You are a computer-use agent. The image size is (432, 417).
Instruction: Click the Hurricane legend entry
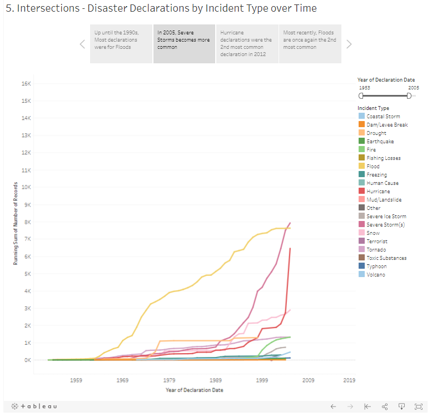click(378, 191)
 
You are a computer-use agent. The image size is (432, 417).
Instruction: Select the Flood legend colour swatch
click(362, 166)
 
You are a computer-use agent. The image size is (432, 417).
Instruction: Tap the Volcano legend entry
click(375, 274)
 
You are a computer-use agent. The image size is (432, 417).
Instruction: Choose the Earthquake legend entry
click(380, 141)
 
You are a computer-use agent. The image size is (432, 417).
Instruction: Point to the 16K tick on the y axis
click(26, 83)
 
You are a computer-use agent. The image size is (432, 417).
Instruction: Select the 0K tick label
click(27, 360)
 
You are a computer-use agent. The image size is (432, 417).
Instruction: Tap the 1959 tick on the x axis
click(76, 380)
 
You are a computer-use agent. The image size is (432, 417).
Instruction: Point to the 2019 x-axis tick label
click(349, 380)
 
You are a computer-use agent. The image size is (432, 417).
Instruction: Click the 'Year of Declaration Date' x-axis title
click(194, 390)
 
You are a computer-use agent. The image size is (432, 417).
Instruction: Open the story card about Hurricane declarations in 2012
click(247, 44)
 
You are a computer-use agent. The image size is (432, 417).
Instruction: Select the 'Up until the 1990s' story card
click(121, 44)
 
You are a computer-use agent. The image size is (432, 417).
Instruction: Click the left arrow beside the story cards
click(82, 44)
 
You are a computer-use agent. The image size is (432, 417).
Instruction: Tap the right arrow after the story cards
click(349, 44)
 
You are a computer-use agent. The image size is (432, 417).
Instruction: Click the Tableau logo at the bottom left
click(34, 406)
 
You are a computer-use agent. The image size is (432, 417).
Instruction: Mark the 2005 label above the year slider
click(414, 87)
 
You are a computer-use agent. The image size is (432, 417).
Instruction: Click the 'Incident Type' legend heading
click(373, 108)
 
